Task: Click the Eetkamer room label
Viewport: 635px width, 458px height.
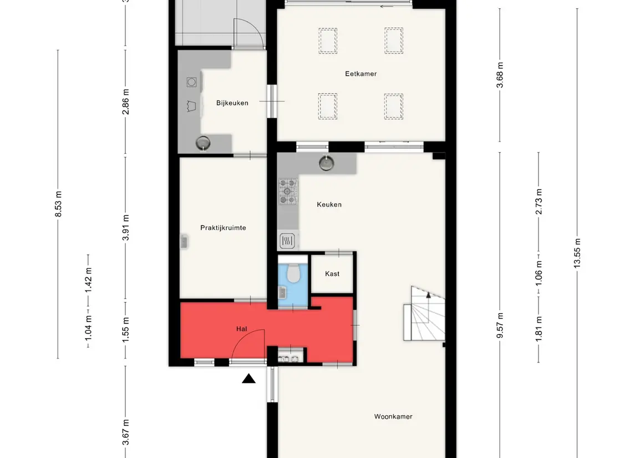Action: [361, 74]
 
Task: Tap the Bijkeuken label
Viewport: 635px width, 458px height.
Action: [232, 103]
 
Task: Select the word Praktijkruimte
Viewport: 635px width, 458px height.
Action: [223, 228]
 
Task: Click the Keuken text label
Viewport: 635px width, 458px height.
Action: [329, 205]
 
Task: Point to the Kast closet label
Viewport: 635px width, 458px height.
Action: [332, 274]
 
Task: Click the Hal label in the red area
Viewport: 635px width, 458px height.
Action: [241, 329]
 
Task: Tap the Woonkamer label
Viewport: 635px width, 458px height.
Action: [393, 417]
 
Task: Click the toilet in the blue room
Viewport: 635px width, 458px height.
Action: [293, 273]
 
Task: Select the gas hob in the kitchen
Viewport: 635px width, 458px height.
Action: [288, 192]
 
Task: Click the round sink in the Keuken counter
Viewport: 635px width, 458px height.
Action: [327, 163]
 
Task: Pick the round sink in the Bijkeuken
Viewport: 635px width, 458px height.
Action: [203, 143]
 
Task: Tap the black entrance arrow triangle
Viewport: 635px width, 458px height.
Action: [248, 379]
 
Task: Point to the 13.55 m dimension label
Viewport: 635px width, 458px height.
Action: [577, 253]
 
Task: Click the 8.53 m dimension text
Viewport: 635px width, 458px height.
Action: [58, 204]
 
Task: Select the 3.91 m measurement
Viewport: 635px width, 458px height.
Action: [125, 228]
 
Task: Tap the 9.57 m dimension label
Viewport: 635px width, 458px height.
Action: [500, 325]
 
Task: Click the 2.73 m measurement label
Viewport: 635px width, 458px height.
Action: [539, 202]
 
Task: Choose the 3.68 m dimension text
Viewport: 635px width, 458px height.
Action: [500, 75]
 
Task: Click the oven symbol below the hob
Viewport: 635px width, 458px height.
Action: [287, 241]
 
